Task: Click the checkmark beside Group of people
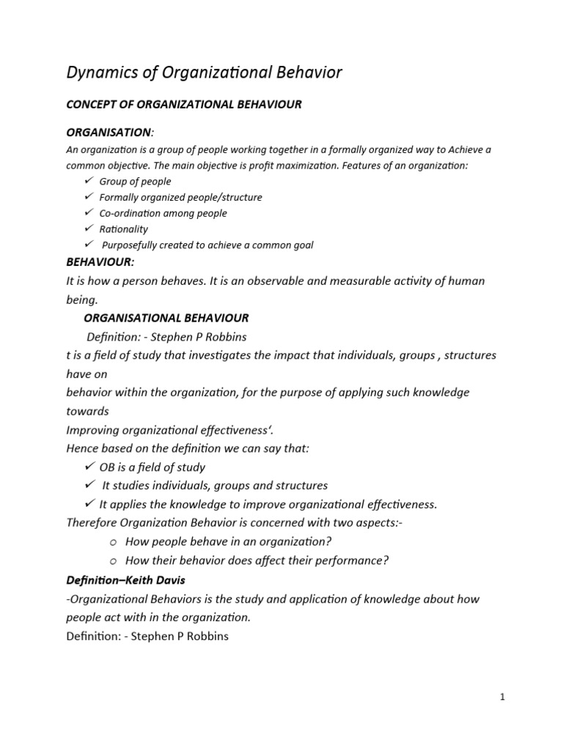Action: [x=89, y=181]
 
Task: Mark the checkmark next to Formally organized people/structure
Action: [x=89, y=197]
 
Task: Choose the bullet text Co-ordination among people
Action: [x=163, y=213]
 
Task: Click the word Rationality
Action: [x=123, y=229]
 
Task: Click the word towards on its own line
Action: [x=88, y=411]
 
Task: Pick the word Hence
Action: [x=83, y=448]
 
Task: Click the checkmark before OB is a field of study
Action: [x=90, y=467]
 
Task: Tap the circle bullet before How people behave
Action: [x=113, y=543]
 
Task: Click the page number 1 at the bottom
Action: [x=502, y=697]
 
